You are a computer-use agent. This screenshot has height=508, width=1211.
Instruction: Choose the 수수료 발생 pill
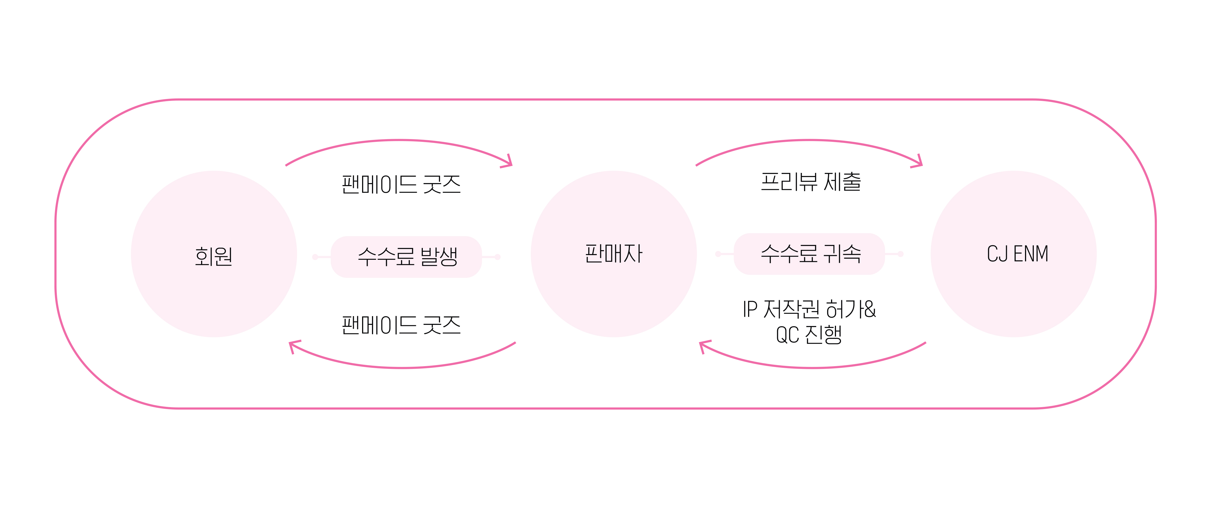pyautogui.click(x=407, y=257)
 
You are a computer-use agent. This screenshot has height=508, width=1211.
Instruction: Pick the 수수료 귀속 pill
pyautogui.click(x=810, y=254)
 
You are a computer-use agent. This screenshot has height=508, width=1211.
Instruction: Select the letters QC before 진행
pyautogui.click(x=787, y=335)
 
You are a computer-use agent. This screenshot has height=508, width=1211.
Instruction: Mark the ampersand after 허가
pyautogui.click(x=870, y=310)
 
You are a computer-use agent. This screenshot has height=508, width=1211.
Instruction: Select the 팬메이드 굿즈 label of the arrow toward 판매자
pyautogui.click(x=401, y=184)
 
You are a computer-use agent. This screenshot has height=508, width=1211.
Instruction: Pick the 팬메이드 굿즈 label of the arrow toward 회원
pyautogui.click(x=401, y=325)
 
